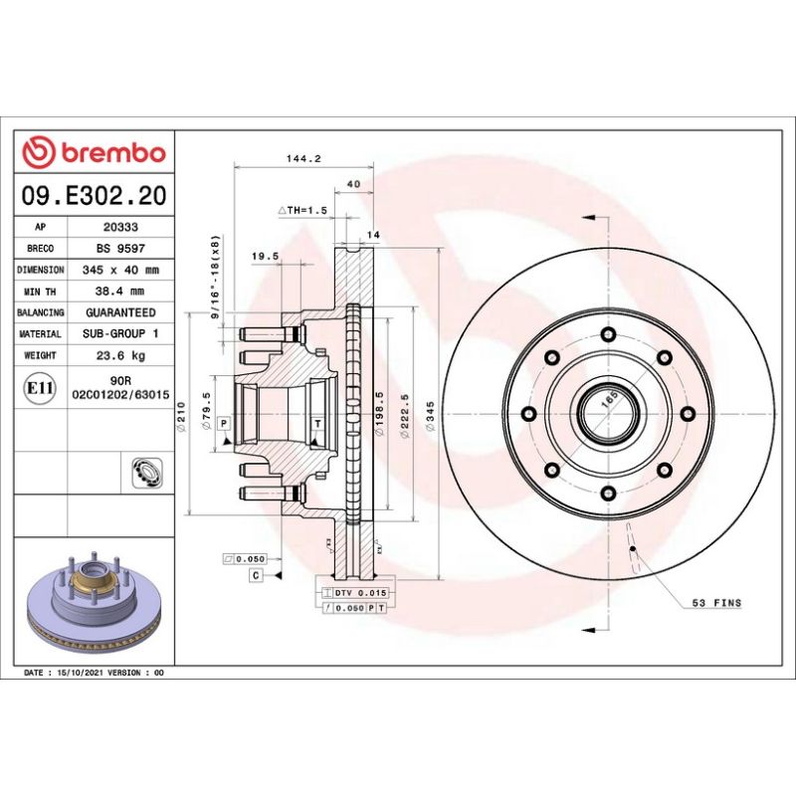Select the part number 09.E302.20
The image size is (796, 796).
[94, 196]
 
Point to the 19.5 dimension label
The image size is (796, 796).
[264, 256]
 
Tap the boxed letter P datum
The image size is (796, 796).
[224, 424]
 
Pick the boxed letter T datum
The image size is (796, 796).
[316, 424]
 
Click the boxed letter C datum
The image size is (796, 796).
[256, 576]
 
